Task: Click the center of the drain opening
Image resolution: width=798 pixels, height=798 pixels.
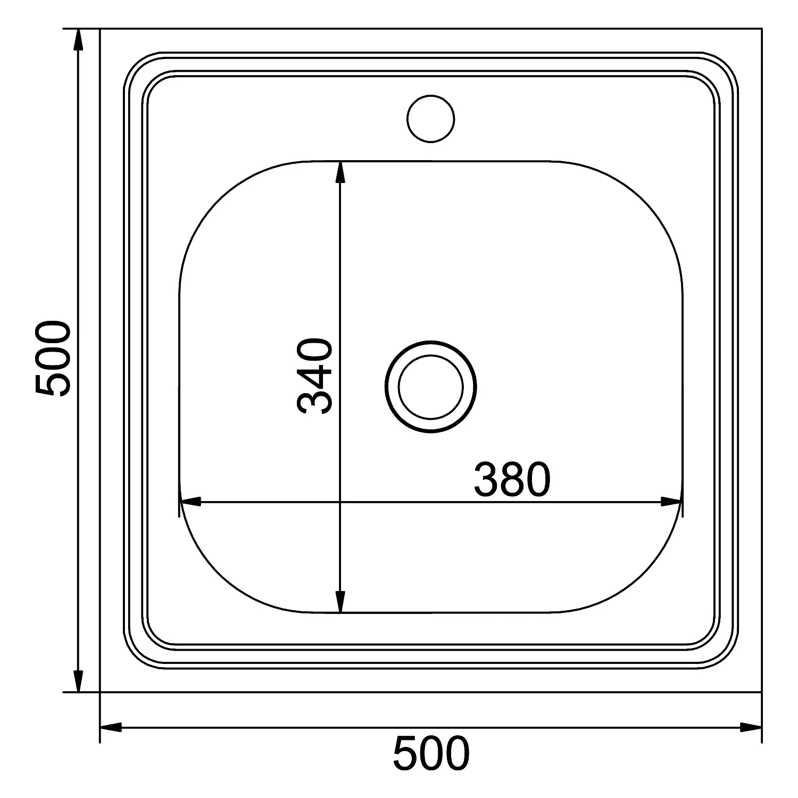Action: click(431, 386)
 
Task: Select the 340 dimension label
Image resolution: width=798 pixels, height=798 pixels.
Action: click(315, 376)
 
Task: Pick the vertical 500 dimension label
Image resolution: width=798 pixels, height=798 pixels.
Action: click(52, 358)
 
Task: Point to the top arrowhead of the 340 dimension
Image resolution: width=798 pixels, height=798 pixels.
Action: click(340, 171)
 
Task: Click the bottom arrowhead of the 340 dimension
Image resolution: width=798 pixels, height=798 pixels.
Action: click(340, 602)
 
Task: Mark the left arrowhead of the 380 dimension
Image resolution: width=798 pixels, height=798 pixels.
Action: click(190, 502)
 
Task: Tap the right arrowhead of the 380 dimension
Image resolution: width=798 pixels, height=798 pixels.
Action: click(671, 502)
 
